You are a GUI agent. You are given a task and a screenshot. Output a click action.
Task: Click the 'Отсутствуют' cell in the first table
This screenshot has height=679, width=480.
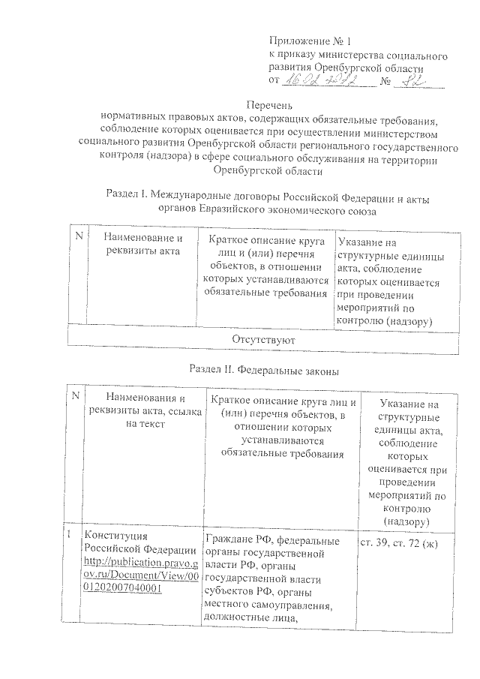pyautogui.click(x=262, y=341)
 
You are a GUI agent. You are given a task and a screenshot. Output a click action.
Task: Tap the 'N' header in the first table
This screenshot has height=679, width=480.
pyautogui.click(x=78, y=237)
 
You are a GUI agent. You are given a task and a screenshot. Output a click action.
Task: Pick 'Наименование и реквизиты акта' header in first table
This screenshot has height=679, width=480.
pyautogui.click(x=142, y=245)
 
